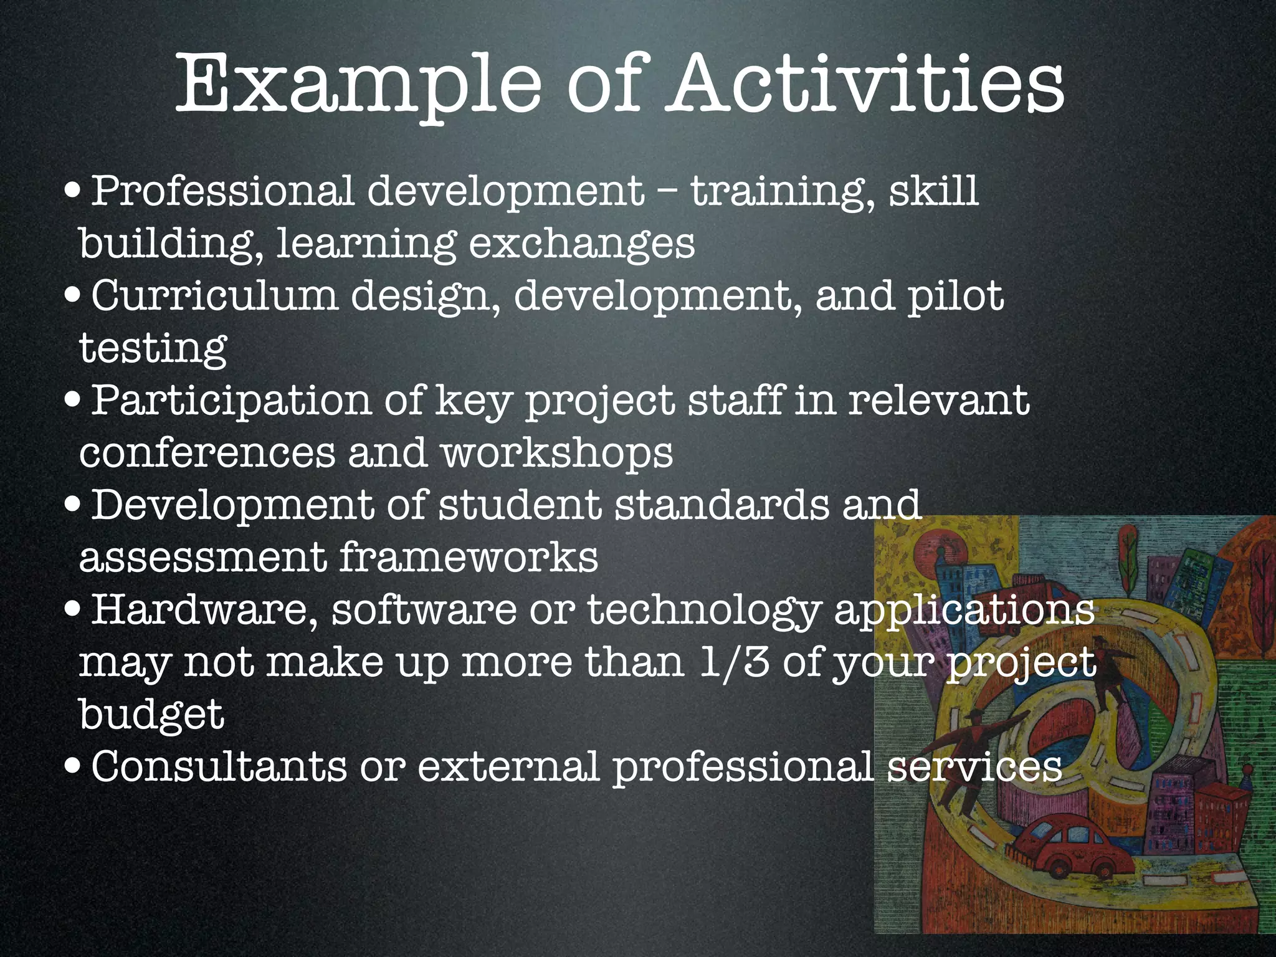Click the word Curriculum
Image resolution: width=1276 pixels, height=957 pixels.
tap(215, 295)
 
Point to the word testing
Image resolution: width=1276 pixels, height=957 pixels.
tap(153, 348)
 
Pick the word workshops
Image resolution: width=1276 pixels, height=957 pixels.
tap(557, 453)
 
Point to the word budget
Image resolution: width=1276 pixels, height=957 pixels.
tap(151, 714)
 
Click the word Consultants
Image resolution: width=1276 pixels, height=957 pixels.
tap(219, 766)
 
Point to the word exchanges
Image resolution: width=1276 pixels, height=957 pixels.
tap(581, 244)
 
